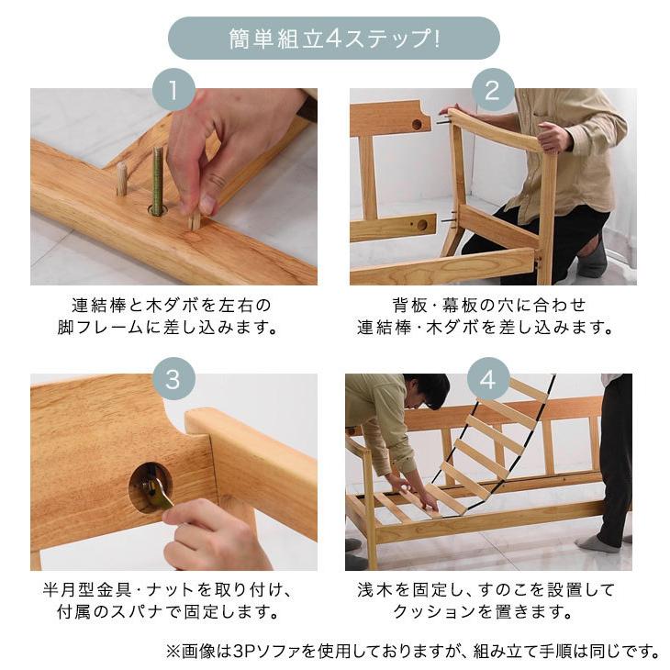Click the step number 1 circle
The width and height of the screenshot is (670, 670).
click(x=173, y=91)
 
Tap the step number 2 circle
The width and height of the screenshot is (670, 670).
click(x=492, y=91)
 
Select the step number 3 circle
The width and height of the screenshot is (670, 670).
click(x=173, y=378)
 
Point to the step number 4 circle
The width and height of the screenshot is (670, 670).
click(x=492, y=378)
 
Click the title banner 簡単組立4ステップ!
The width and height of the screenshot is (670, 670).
click(x=334, y=39)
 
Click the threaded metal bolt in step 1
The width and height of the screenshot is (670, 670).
click(x=157, y=180)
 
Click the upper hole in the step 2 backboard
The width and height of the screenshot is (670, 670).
click(x=418, y=123)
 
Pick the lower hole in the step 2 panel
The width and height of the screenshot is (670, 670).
click(x=422, y=224)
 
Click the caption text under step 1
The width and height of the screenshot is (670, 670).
click(x=173, y=316)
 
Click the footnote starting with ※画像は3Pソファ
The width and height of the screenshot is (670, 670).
click(x=412, y=652)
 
